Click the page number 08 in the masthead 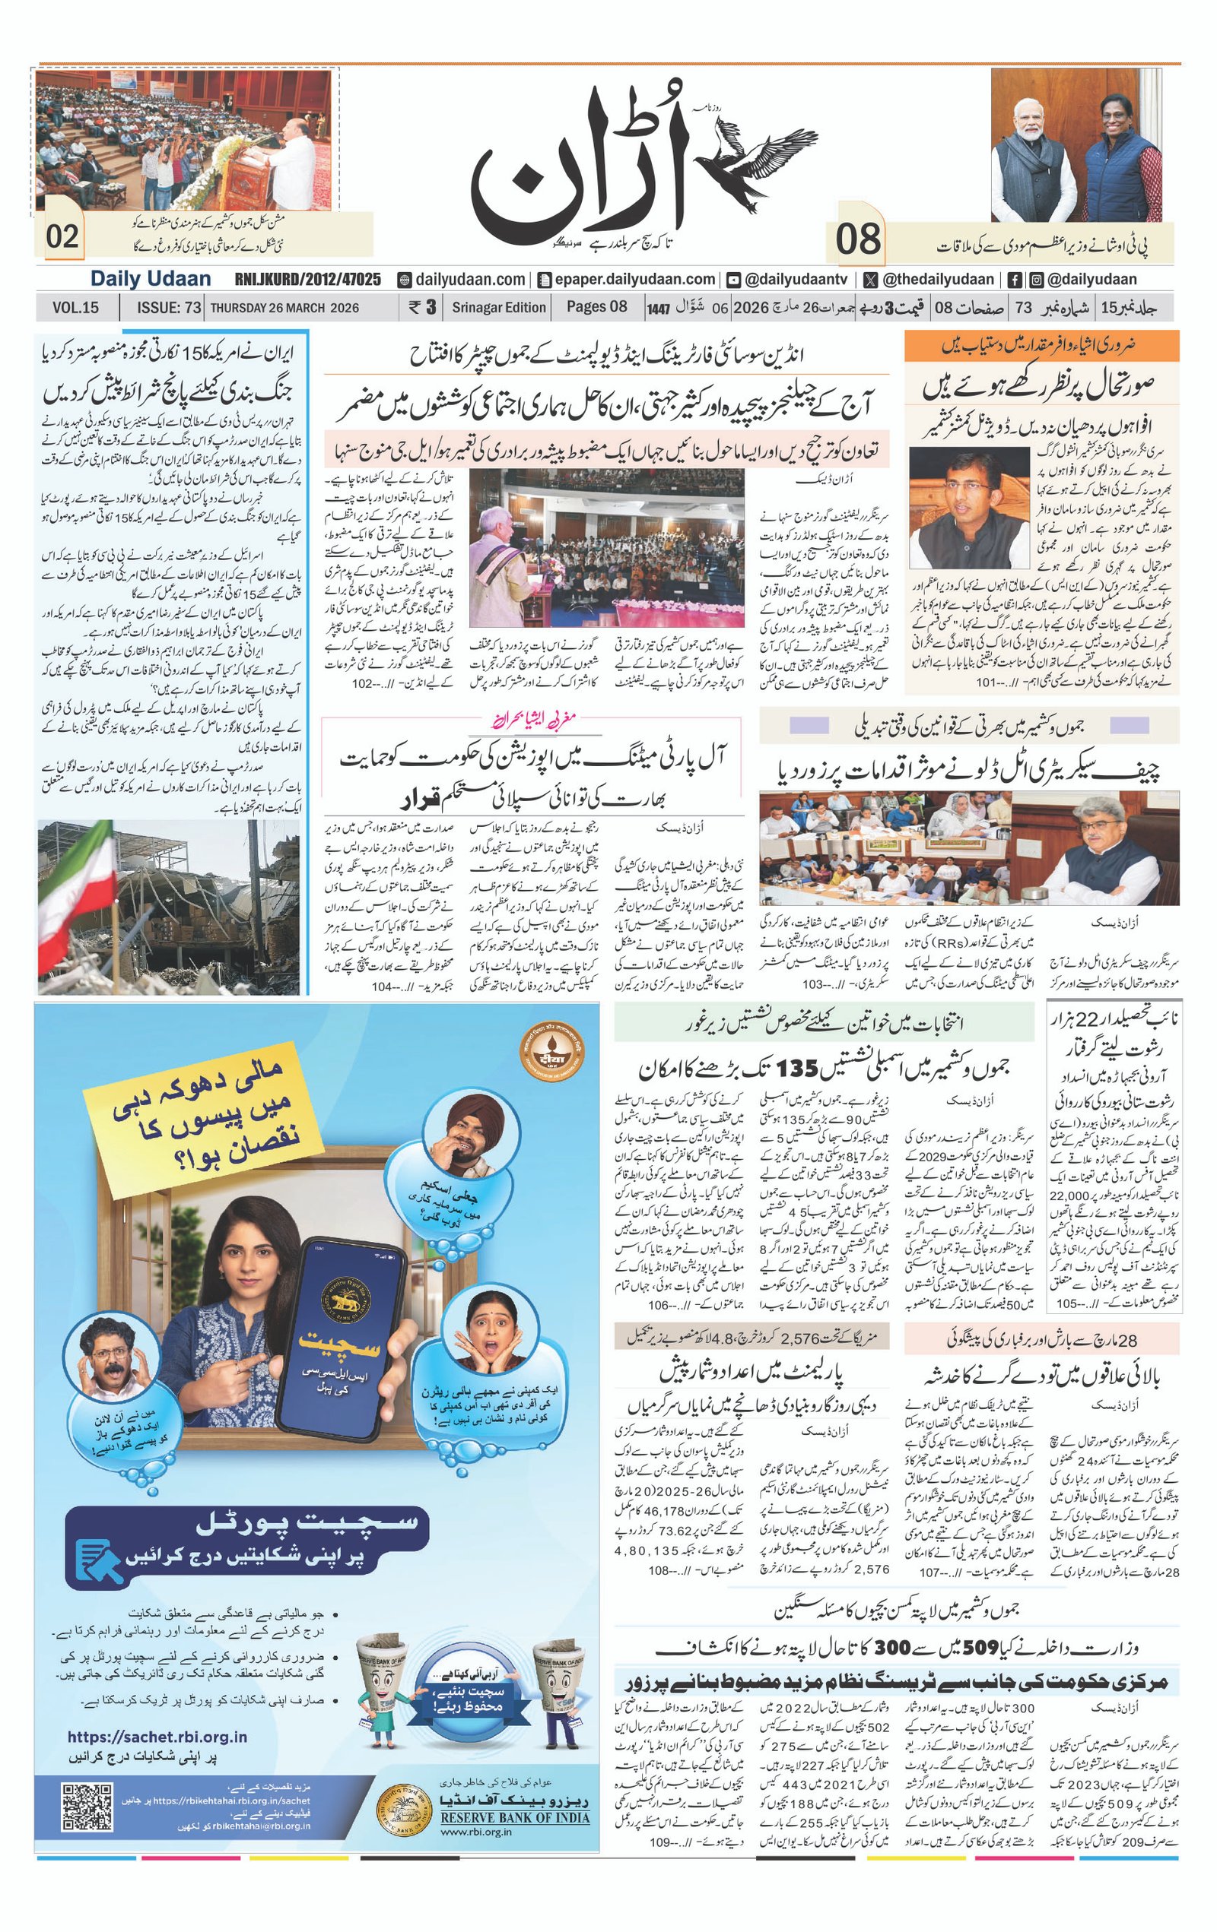point(857,239)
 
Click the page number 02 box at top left point(62,236)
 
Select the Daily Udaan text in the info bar point(150,279)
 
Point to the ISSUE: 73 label point(169,307)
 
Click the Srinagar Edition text point(498,307)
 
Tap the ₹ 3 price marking point(422,307)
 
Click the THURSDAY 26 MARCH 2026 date point(284,307)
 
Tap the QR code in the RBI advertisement point(87,1806)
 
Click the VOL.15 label point(75,307)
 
